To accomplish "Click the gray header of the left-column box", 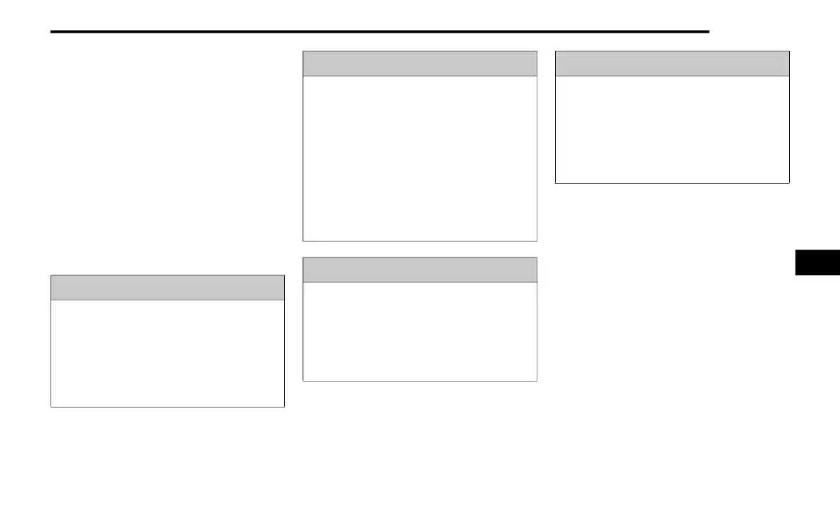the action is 168,288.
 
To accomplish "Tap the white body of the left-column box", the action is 168,353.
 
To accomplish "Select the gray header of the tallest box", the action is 420,64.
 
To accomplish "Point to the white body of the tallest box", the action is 420,158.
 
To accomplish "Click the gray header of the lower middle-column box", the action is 420,270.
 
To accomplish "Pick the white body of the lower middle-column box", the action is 420,332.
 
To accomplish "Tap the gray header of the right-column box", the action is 672,64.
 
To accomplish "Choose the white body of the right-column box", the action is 672,129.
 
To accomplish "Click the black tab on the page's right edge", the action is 817,262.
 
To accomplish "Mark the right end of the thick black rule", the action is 708,32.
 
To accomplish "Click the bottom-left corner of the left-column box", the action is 51,407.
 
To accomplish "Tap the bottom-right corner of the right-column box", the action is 789,183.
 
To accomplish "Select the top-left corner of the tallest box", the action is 303,51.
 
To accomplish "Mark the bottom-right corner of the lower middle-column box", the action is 537,381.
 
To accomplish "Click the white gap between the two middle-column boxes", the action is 420,249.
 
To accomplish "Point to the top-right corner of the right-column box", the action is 789,51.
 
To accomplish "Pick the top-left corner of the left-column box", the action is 51,276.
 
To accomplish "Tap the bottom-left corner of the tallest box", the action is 303,241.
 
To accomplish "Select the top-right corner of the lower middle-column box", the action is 537,257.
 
